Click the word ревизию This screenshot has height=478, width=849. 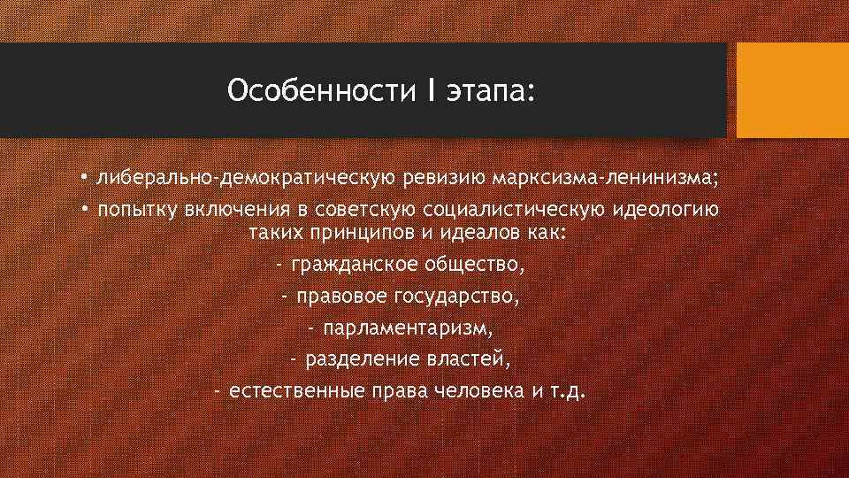coord(446,180)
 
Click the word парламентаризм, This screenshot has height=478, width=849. coord(409,328)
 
